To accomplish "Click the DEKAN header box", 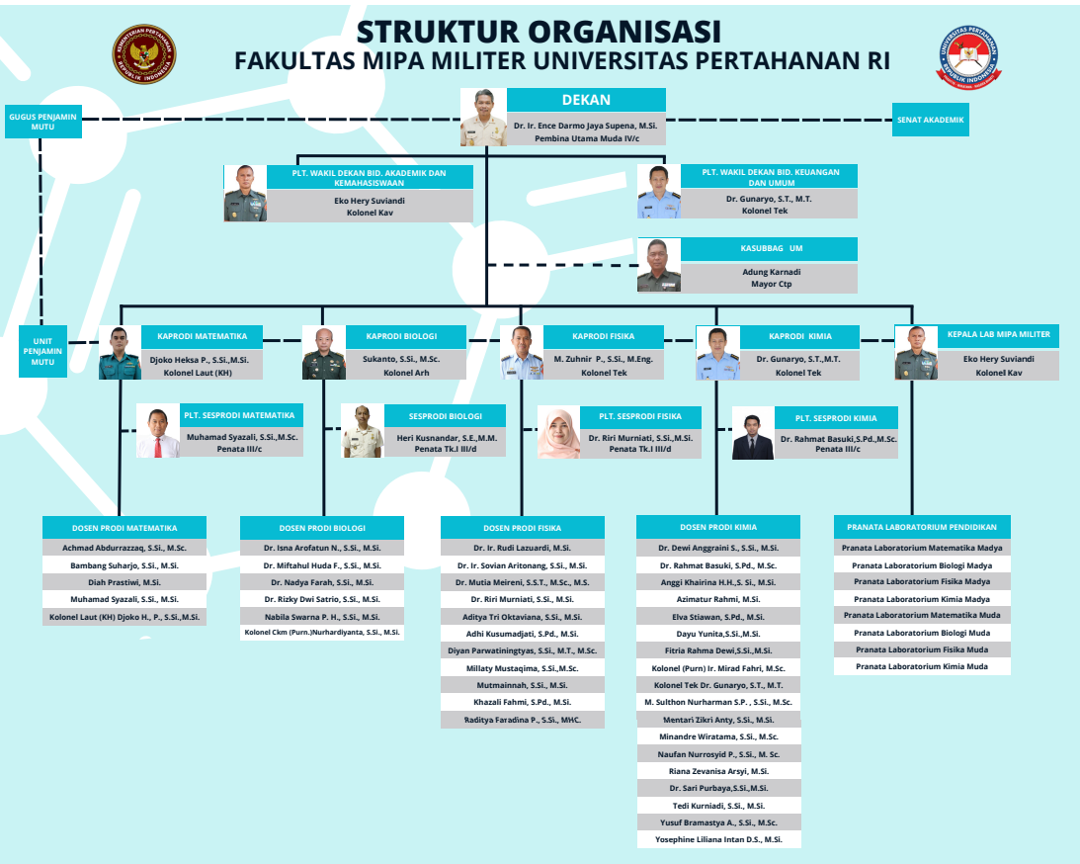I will tap(586, 100).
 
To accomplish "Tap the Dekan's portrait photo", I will tap(484, 118).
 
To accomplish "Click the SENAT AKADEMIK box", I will tap(930, 120).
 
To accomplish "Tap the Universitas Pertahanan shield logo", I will tap(967, 58).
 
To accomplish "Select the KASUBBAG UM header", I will tap(769, 249).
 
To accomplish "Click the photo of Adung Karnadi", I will tap(659, 265).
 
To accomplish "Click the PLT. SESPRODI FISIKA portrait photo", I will tap(559, 433).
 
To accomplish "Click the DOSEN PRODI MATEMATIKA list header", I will tap(125, 527).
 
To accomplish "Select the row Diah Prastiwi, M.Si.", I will tap(125, 582).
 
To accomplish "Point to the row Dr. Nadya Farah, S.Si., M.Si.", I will tap(322, 582).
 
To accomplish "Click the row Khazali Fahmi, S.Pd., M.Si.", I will tap(522, 702).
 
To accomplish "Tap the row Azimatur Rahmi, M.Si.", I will tap(718, 599).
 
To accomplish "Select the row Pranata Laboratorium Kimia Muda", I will tap(922, 666).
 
